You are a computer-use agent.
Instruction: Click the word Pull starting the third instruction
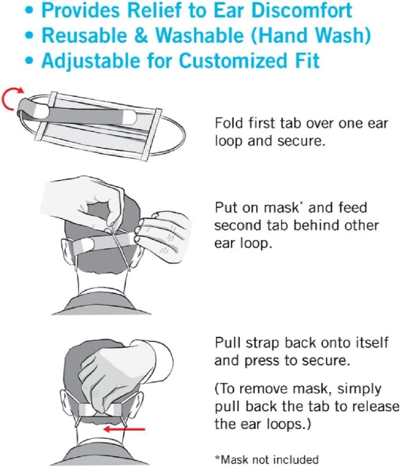[225, 343]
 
